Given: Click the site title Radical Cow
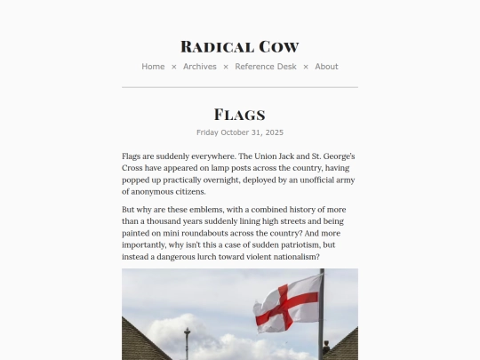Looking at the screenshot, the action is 239,46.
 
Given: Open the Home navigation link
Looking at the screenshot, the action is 153,67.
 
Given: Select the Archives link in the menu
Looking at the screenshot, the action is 200,67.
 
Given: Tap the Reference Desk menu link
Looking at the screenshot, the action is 266,67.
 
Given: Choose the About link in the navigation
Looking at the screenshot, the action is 326,67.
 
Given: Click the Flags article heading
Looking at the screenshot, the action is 239,115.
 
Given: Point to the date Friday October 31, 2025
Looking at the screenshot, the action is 239,132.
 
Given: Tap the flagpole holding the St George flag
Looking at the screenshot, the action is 321,329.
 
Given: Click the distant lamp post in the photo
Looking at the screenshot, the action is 187,341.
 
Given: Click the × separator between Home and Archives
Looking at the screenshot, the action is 174,67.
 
